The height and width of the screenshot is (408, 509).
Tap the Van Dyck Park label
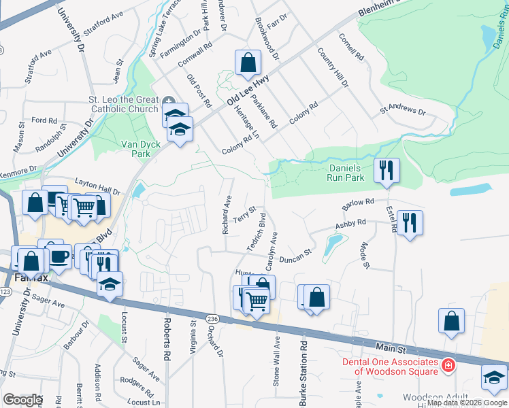pyautogui.click(x=135, y=149)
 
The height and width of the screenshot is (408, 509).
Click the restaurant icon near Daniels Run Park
pyautogui.click(x=387, y=170)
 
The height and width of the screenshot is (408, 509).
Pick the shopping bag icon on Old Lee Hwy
pyautogui.click(x=248, y=63)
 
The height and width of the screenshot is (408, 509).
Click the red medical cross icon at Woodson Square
pyautogui.click(x=448, y=366)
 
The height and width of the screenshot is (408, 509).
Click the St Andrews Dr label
pyautogui.click(x=403, y=109)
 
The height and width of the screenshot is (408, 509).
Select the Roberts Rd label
pyautogui.click(x=165, y=338)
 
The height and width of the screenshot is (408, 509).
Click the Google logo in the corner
pyautogui.click(x=22, y=399)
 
